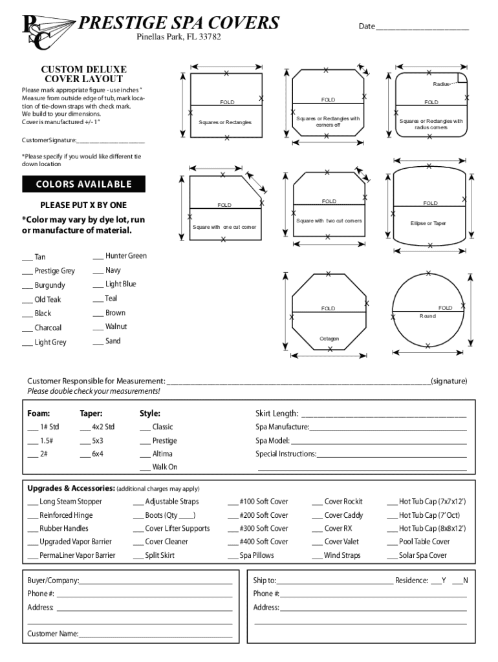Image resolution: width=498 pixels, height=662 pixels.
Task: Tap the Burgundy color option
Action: [x=43, y=285]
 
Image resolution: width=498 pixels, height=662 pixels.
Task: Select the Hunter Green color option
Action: [x=120, y=256]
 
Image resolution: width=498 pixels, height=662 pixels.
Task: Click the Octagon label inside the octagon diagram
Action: [x=329, y=339]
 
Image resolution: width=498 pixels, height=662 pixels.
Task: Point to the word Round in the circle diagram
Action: [x=428, y=316]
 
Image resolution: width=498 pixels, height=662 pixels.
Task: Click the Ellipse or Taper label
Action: [x=428, y=223]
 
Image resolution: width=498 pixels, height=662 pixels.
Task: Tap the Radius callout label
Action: [x=442, y=85]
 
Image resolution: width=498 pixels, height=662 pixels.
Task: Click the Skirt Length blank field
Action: [x=383, y=414]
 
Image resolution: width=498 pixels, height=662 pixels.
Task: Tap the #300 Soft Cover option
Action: [x=258, y=528]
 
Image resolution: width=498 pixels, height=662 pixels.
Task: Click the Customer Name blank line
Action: [x=155, y=634]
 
